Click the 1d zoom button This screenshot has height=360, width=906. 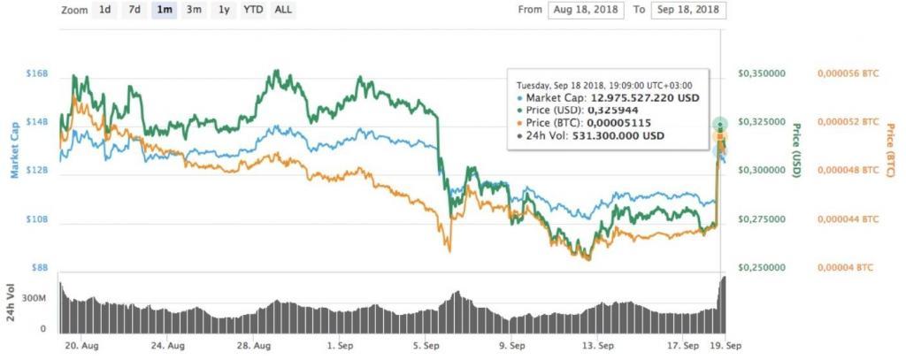coord(104,10)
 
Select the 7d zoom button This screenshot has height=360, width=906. coord(134,10)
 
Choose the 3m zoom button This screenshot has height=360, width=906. coord(193,10)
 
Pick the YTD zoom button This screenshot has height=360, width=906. coord(252,10)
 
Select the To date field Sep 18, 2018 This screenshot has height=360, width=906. coord(688,11)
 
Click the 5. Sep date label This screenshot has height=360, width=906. coord(427,346)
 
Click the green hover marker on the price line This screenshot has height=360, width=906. coord(720,124)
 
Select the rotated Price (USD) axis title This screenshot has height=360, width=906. coord(795,148)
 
